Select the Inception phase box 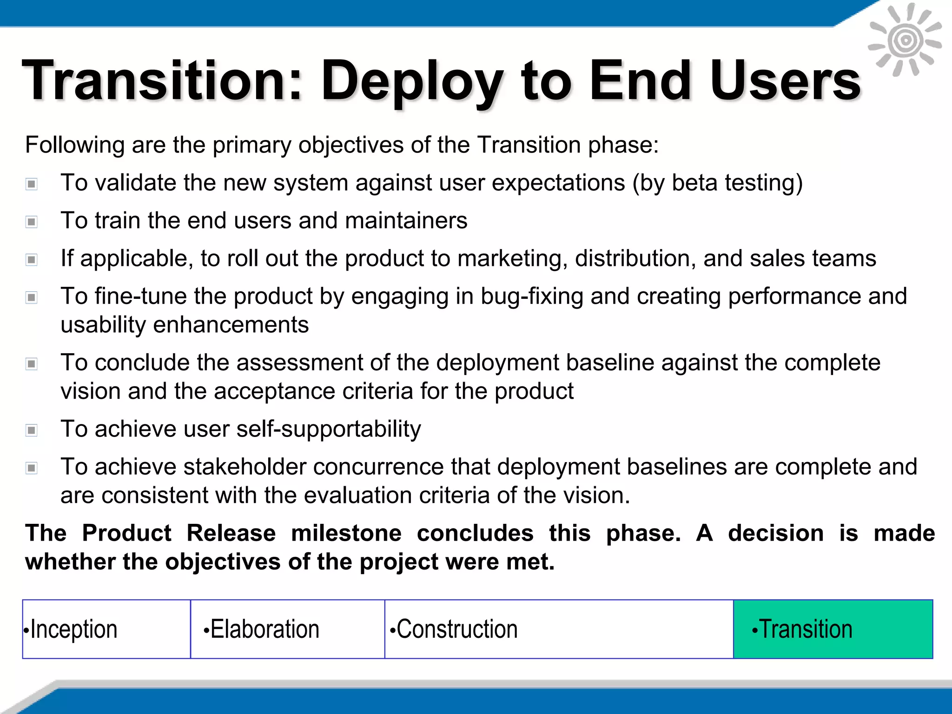pos(106,629)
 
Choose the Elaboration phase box pos(287,629)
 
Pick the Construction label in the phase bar pos(456,629)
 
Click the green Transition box pos(833,629)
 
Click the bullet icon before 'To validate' pos(32,184)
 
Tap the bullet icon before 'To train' pos(32,222)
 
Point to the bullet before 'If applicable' pos(32,259)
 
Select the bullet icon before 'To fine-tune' pos(32,297)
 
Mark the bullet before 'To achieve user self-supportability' pos(32,430)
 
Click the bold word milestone pos(346,533)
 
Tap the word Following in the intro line pos(74,145)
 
